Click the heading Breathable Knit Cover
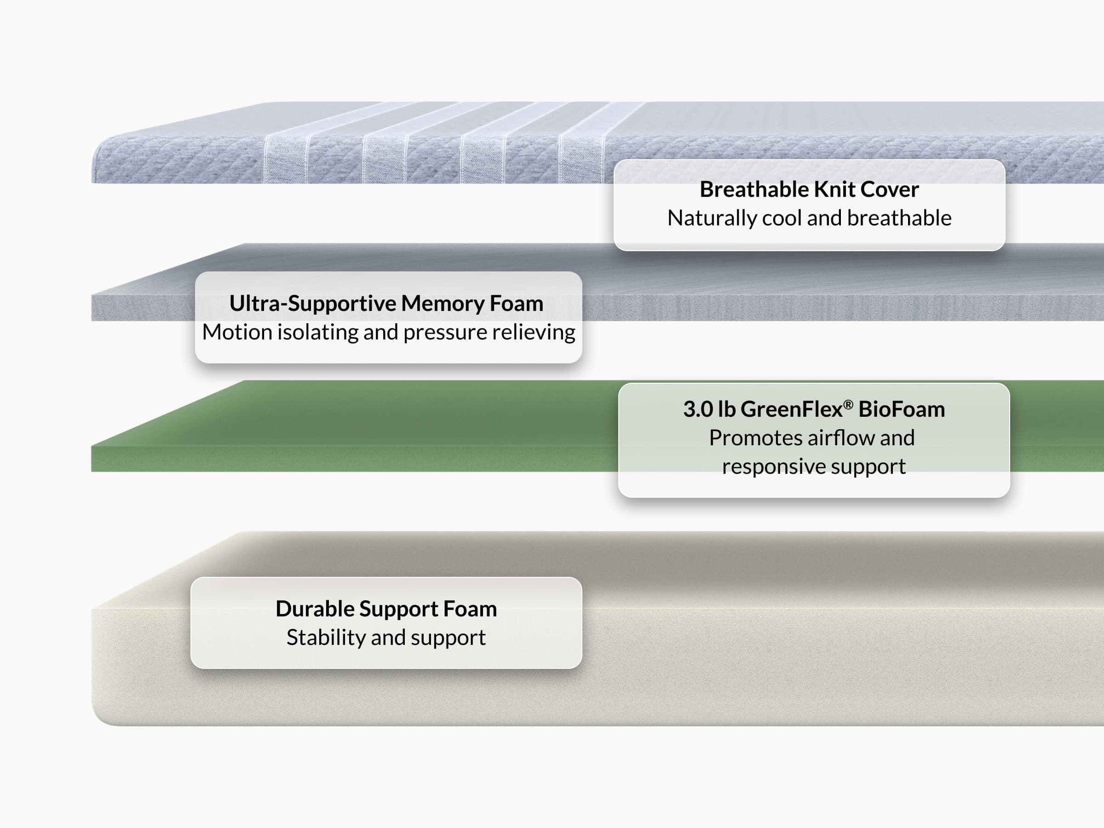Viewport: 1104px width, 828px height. pyautogui.click(x=809, y=189)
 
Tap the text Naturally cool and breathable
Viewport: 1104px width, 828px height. pyautogui.click(x=809, y=218)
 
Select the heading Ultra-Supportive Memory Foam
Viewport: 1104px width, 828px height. pyautogui.click(x=386, y=303)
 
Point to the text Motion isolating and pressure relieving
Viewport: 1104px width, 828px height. pyautogui.click(x=388, y=332)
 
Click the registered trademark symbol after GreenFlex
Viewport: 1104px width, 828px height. pyautogui.click(x=848, y=404)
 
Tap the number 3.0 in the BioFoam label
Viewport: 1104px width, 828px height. pyautogui.click(x=698, y=409)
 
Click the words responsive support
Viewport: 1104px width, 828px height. pyautogui.click(x=814, y=466)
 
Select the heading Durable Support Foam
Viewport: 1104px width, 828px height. pyautogui.click(x=386, y=609)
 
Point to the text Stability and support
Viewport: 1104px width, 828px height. pyautogui.click(x=386, y=638)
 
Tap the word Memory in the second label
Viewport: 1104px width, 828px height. pyautogui.click(x=442, y=304)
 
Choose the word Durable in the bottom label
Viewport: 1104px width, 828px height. pyautogui.click(x=315, y=609)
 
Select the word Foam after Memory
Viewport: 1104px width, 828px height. pyautogui.click(x=516, y=303)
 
